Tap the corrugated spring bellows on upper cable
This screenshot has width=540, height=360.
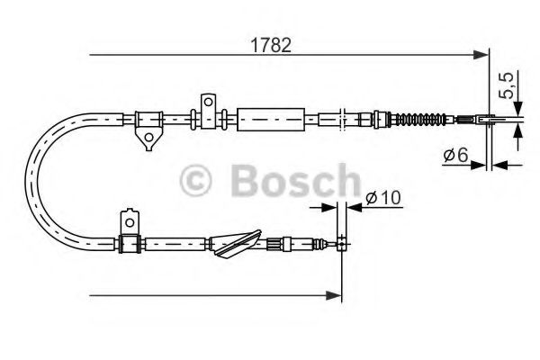click(x=421, y=118)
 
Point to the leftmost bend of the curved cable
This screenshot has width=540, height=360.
click(x=35, y=179)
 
